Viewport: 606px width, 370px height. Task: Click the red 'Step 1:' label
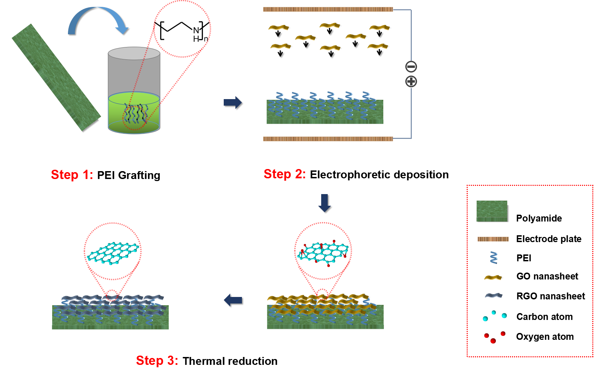(72, 175)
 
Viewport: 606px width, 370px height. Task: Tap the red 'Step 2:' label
(285, 174)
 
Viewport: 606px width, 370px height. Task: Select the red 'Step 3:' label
(157, 360)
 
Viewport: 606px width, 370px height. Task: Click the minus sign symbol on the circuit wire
(411, 67)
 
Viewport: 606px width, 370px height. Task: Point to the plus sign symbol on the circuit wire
(411, 82)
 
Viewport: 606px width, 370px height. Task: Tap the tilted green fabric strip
(56, 77)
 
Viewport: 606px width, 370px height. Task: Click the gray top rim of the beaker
(134, 53)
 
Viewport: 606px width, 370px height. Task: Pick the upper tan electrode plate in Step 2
(328, 9)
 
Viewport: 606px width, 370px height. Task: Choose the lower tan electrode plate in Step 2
(328, 139)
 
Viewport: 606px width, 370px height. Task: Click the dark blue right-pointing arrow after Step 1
(233, 102)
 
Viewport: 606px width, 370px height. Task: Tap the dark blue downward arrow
(324, 203)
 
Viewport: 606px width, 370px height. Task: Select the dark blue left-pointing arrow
(233, 300)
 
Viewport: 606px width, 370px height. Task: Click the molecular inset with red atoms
(322, 253)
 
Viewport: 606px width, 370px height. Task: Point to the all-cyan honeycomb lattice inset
(114, 254)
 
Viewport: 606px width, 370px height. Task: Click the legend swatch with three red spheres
(495, 337)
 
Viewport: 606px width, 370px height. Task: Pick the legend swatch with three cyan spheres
(495, 316)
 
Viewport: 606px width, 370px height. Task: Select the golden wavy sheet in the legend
(493, 277)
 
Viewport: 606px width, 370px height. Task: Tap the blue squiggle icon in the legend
(494, 258)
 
